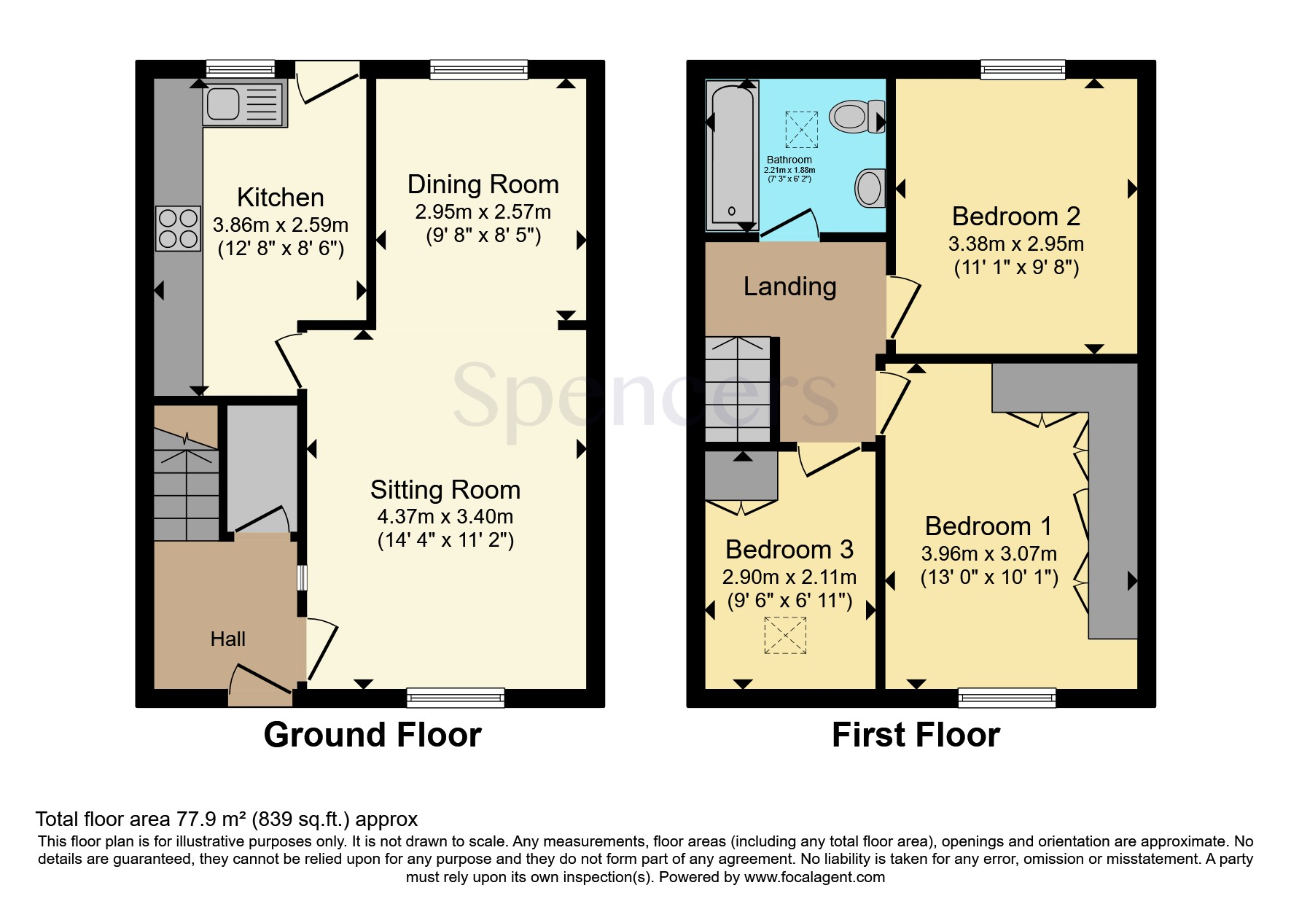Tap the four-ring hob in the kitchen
pos(178,229)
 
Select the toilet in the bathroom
pos(857,117)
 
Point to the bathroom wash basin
pos(870,189)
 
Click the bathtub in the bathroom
pos(733,156)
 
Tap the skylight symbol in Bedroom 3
pos(785,635)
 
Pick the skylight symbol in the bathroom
pos(801,130)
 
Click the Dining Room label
pos(483,184)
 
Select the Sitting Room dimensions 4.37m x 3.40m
pos(445,517)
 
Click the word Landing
pos(790,287)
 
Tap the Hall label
pos(228,639)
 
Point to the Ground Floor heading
pos(373,735)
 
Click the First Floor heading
pos(916,735)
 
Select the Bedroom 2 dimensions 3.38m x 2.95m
pos(1016,244)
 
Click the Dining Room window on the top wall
pos(479,70)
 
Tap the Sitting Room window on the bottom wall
pos(456,698)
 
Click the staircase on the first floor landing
pos(738,389)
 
